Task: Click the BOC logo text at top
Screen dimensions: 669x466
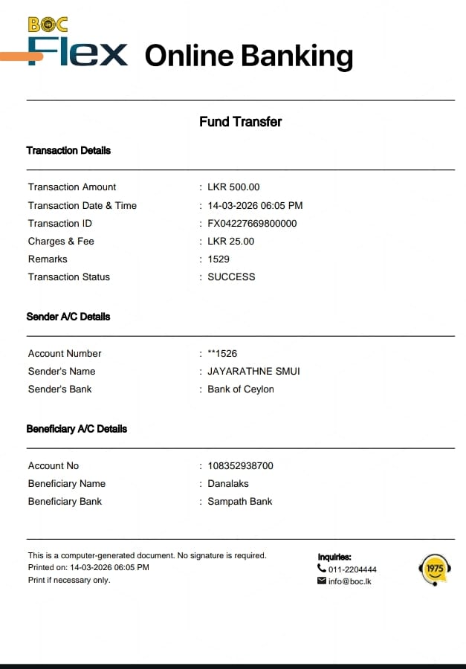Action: tap(48, 25)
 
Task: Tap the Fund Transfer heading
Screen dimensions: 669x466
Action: tap(240, 122)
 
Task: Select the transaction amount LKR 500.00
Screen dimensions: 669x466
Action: tap(233, 187)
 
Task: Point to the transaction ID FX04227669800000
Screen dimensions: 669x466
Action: tap(252, 224)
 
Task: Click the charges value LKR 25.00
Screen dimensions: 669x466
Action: tap(230, 242)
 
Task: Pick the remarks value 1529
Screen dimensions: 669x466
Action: tap(219, 259)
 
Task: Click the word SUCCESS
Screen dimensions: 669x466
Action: tap(231, 277)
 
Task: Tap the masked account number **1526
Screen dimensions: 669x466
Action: tap(222, 354)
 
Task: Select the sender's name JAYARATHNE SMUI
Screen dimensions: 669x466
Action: tap(253, 372)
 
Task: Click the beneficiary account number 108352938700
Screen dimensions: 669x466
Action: tap(240, 466)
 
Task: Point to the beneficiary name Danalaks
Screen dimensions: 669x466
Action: tap(228, 484)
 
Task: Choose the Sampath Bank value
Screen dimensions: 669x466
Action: tap(239, 502)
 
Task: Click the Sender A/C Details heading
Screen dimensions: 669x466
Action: tap(68, 317)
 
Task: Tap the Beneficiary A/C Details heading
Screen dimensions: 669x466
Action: tap(77, 429)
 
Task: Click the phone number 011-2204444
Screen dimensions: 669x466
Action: tap(352, 570)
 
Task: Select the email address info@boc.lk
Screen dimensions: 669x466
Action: tap(349, 581)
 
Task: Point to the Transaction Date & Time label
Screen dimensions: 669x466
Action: tap(82, 206)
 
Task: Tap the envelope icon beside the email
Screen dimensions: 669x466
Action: tap(322, 581)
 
